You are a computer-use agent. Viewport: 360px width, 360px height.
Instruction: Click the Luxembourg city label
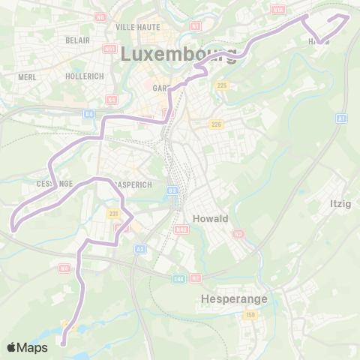[178, 54]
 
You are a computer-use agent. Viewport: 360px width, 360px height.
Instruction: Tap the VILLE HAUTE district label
[134, 26]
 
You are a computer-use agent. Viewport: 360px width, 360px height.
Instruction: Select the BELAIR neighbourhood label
[77, 40]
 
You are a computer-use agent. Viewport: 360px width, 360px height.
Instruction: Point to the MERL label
[27, 76]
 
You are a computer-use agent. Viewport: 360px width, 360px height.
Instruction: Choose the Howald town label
[211, 218]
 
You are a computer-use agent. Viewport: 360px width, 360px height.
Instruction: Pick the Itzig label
[340, 203]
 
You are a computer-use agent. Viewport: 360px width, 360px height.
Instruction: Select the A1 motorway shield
[342, 118]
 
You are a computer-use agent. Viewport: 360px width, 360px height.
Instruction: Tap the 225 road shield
[221, 85]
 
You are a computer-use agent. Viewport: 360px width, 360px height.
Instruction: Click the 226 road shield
[216, 124]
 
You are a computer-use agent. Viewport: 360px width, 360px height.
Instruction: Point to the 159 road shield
[250, 315]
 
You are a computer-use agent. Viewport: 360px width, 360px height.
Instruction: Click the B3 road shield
[172, 191]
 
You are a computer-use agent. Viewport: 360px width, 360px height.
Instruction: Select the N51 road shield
[110, 49]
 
